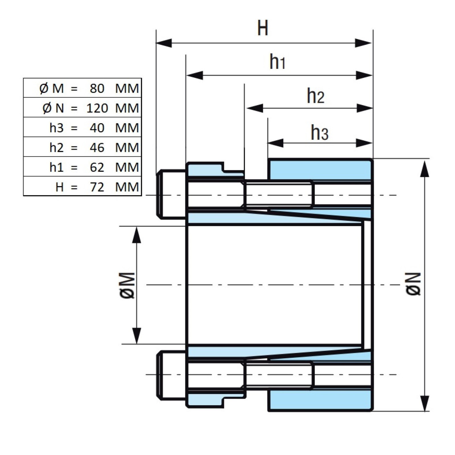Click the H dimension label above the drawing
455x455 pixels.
(262, 28)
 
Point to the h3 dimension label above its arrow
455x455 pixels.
(319, 132)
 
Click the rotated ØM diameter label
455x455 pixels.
(127, 285)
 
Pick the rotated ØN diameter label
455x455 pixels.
(413, 284)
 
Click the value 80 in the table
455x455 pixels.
(97, 88)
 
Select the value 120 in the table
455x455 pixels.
(97, 108)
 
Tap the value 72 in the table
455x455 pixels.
(97, 187)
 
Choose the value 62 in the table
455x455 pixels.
(97, 167)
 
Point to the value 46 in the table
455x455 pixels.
(97, 148)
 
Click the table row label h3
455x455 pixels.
(56, 128)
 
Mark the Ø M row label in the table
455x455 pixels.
(51, 88)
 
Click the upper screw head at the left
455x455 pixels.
(171, 195)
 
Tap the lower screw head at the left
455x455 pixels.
(171, 375)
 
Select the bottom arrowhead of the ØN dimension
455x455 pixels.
(425, 403)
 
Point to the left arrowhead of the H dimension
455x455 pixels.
(164, 43)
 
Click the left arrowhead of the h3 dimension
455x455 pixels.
(276, 143)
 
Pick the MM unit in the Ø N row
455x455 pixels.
(127, 108)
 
